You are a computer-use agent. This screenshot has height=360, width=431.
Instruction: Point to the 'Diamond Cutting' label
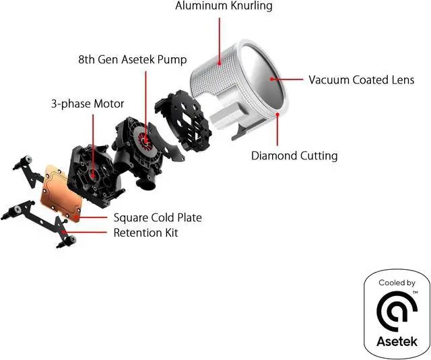coord(294,156)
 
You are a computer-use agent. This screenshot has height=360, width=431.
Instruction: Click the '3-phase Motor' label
coord(88,104)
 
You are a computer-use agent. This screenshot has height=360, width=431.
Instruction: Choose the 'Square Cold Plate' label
coord(158,217)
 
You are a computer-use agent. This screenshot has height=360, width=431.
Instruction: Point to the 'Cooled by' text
coord(397,283)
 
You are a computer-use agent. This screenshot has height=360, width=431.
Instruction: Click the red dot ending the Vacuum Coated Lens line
coord(273,79)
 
